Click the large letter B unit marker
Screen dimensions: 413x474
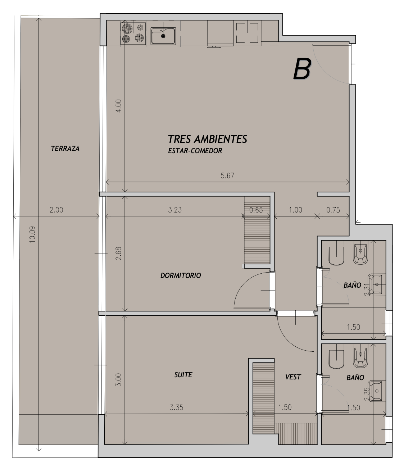[302, 69]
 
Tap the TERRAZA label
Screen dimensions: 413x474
[65, 149]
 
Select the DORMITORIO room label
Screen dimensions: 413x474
[181, 275]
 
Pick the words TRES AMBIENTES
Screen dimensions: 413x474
[208, 139]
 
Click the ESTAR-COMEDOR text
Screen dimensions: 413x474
[195, 151]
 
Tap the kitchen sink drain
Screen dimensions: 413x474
[163, 36]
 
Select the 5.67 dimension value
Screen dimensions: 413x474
[227, 176]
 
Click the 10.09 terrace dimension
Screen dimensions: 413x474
[32, 234]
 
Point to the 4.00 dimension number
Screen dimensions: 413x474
[118, 106]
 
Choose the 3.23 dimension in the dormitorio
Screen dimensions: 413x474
[175, 210]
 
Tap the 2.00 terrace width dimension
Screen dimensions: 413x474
[56, 210]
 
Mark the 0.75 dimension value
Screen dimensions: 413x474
[333, 210]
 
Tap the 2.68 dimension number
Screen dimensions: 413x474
[118, 254]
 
